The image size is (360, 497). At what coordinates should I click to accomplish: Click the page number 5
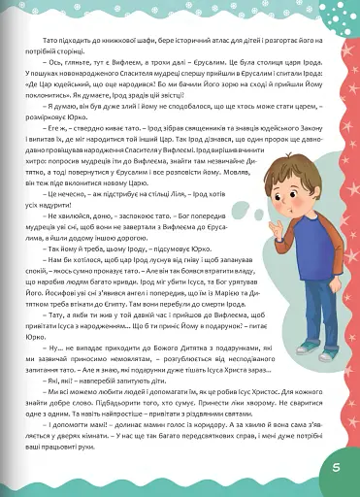click(x=333, y=469)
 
